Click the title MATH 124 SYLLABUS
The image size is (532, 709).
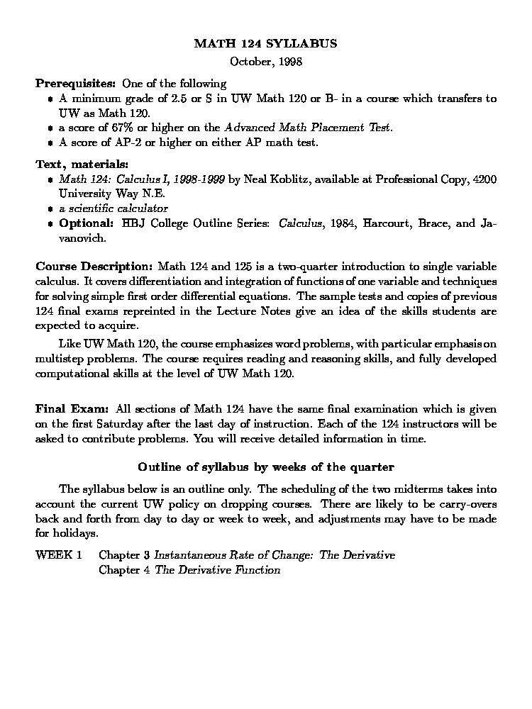(x=265, y=44)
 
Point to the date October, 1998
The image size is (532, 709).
(x=266, y=62)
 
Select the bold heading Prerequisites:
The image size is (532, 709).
(x=76, y=83)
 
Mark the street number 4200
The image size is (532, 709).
(x=484, y=179)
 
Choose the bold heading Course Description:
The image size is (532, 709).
(x=94, y=267)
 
